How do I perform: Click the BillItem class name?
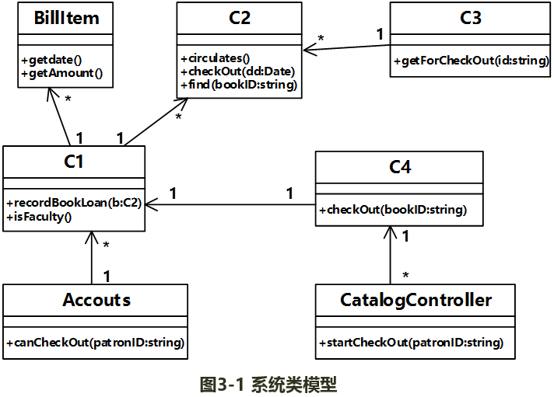(67, 18)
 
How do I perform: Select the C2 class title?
(240, 18)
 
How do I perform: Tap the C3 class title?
(471, 18)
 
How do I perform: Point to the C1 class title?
(73, 162)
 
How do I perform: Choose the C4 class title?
(400, 166)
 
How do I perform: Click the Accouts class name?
(96, 300)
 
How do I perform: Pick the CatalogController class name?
(415, 300)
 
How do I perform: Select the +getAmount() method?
(62, 73)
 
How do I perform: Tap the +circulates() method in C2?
(215, 57)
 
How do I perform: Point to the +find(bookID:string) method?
(239, 85)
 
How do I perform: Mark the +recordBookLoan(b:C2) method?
(73, 203)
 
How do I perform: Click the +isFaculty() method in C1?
(38, 217)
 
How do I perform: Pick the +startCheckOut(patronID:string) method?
(410, 343)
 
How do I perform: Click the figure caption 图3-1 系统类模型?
(268, 384)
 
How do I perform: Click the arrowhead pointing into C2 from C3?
(308, 50)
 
